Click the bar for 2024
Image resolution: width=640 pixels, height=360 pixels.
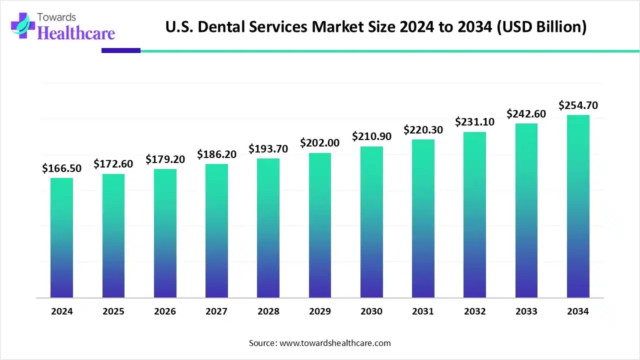[x=61, y=238]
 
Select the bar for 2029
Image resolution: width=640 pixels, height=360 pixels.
[x=320, y=225]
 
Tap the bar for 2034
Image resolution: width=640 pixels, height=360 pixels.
[x=578, y=206]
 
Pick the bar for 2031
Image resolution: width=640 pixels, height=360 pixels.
[x=423, y=218]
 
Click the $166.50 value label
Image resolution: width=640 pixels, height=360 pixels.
[x=61, y=168]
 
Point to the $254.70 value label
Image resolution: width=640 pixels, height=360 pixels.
[x=578, y=105]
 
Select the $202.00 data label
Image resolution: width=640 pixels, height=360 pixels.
[x=320, y=143]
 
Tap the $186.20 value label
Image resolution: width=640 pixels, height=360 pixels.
[x=216, y=154]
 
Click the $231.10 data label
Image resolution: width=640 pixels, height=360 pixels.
[x=474, y=122]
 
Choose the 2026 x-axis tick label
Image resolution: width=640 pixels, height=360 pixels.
[x=165, y=311]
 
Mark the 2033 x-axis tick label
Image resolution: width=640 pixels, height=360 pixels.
[x=526, y=311]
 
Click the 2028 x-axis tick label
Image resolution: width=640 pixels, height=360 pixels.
[x=268, y=311]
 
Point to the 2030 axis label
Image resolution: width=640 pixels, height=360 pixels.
[x=371, y=311]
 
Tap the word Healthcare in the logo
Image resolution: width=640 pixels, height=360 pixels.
[x=76, y=33]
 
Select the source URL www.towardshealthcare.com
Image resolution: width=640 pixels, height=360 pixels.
[x=334, y=343]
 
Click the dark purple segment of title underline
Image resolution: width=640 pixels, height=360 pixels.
[x=120, y=50]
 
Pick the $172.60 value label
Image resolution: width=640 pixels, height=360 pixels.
[x=113, y=164]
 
